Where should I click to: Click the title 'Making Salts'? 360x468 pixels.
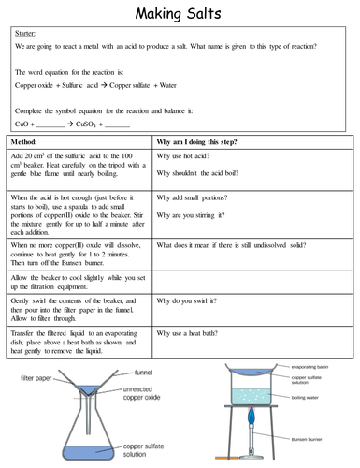(x=180, y=14)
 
